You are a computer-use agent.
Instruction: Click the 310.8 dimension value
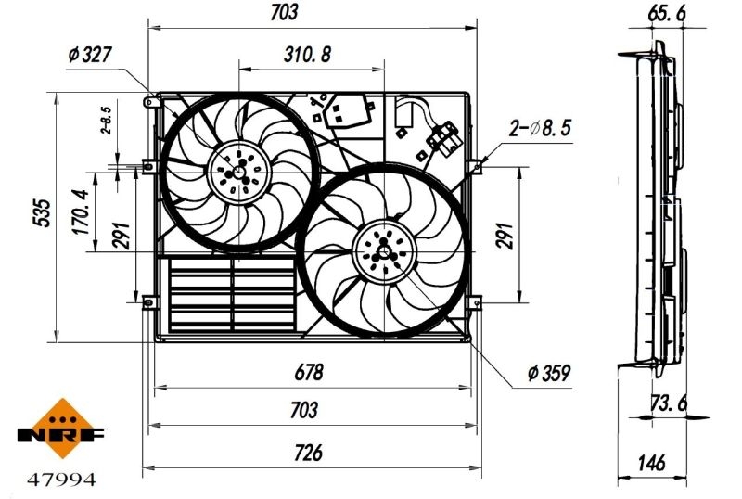307,54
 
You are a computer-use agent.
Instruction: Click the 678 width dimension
309,373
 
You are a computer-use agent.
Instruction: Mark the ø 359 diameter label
547,374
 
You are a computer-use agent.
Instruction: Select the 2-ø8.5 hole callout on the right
541,129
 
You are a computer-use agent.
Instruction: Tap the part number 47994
61,480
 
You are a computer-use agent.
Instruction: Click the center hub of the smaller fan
238,171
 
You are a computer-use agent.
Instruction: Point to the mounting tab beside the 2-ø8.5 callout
475,166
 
